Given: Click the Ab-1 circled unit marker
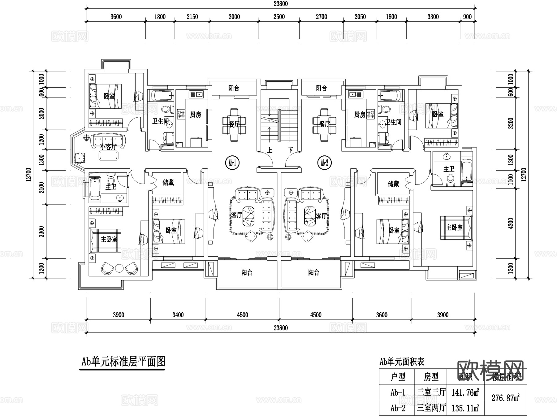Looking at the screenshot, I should (232, 163).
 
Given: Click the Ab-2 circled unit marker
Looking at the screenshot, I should (324, 163).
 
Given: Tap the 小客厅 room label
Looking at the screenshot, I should (108, 147).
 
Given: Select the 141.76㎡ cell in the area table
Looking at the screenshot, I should (465, 393).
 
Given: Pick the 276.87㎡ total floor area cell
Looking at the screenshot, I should (505, 398).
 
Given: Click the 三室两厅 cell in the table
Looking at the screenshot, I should (431, 408).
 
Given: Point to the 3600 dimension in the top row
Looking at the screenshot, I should (116, 17).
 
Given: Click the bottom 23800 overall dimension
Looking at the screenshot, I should (281, 328).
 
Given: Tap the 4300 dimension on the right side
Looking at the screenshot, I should (511, 224).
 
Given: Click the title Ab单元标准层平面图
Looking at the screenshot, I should (123, 362).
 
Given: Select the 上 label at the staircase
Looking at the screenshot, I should (270, 150).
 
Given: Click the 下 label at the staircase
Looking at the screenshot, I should (290, 150).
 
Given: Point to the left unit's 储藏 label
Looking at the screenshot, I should (168, 183).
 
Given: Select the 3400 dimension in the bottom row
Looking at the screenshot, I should (178, 315).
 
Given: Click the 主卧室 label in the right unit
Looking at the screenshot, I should (454, 228).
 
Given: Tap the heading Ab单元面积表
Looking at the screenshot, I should (402, 362).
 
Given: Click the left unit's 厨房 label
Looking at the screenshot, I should (195, 115).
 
